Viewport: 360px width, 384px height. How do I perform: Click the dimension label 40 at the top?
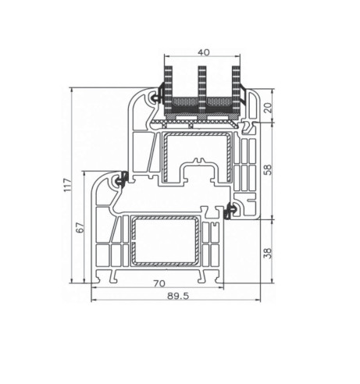[203, 52]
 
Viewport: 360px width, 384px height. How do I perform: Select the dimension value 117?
[67, 185]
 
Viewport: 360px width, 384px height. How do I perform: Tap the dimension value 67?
[81, 227]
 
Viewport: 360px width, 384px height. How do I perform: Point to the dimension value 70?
[159, 283]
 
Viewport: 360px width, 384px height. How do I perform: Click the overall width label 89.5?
[178, 296]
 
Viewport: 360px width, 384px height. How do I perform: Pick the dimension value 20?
[269, 107]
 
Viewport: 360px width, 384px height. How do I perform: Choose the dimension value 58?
[269, 169]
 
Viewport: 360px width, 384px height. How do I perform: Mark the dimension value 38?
[269, 253]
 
